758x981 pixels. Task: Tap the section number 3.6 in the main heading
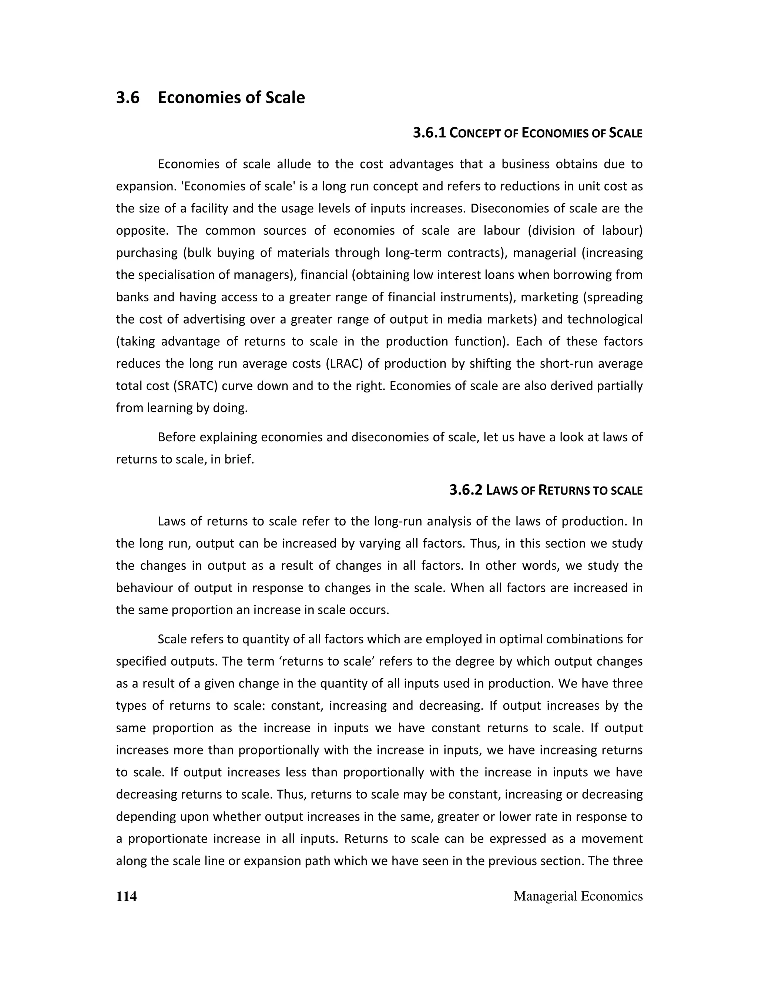(128, 97)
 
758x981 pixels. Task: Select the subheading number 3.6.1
(429, 133)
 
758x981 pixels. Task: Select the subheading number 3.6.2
(466, 490)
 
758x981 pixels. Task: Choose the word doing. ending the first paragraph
(232, 408)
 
